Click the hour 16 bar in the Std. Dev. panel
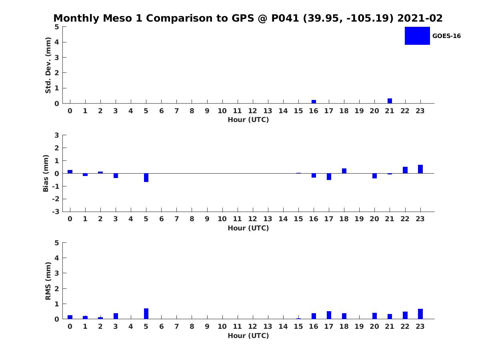point(314,102)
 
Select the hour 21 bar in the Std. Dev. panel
point(390,101)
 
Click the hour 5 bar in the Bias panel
point(146,178)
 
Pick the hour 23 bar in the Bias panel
point(420,169)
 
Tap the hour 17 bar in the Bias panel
point(329,176)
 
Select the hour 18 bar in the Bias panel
point(344,171)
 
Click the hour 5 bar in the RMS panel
point(146,314)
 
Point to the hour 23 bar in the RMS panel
point(420,314)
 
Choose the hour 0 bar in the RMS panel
point(70,317)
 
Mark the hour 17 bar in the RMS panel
point(329,315)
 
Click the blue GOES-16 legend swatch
point(417,36)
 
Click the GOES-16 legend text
point(446,36)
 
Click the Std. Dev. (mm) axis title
point(48,65)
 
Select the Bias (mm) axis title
point(46,173)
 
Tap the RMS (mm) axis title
point(48,281)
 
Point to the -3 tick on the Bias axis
point(56,212)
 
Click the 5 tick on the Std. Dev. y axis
point(57,27)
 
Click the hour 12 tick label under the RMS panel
point(252,326)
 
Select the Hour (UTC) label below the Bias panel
point(248,228)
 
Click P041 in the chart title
point(285,18)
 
